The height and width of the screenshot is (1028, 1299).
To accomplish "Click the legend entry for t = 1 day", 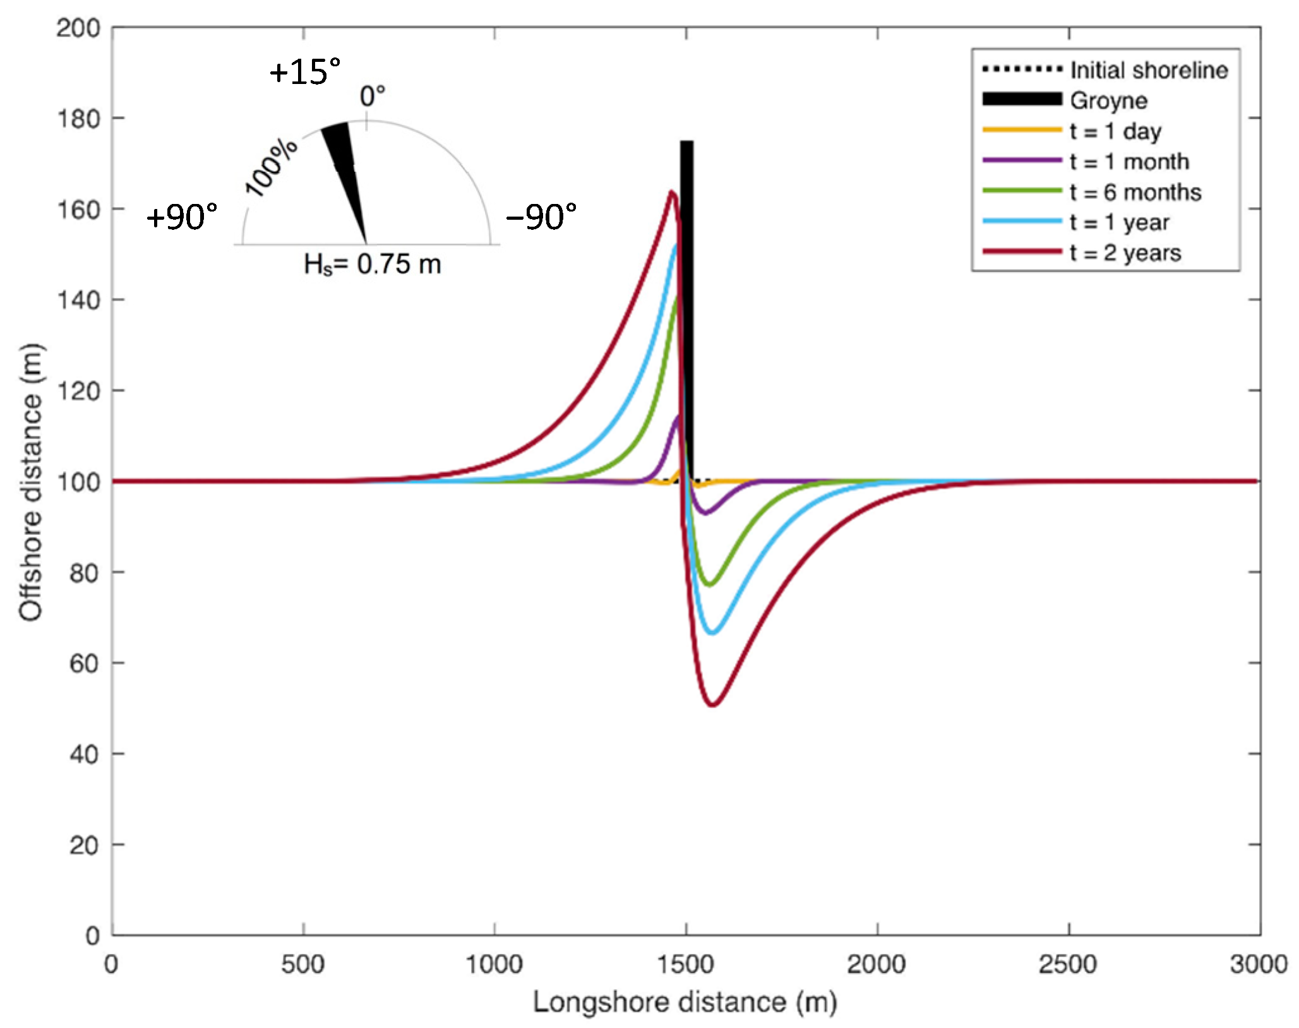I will point(1115,131).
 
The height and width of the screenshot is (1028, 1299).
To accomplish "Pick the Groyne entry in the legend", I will point(1108,100).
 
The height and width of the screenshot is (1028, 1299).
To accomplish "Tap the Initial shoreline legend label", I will point(1149,70).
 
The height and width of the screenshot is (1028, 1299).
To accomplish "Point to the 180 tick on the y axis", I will point(78,119).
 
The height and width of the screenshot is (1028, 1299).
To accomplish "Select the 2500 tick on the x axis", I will point(1068,964).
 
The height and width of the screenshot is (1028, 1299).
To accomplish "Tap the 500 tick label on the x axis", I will point(303,964).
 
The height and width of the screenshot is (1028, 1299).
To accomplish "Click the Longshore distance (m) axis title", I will point(685,1002).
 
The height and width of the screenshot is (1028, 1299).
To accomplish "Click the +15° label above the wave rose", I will point(305,71).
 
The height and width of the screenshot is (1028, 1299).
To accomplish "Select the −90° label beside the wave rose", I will point(541,217).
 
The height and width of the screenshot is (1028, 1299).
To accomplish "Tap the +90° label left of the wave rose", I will point(182,217).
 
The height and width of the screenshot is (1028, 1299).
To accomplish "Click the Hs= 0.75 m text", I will point(372,264).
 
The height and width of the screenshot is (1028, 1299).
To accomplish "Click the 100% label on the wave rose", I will point(271,167).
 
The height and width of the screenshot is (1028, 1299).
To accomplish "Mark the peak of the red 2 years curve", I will point(673,191).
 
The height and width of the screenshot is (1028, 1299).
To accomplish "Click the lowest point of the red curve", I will point(712,705).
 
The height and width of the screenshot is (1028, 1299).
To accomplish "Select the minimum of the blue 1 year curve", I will point(712,633).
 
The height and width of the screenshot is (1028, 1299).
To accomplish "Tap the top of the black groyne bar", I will point(686,143).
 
